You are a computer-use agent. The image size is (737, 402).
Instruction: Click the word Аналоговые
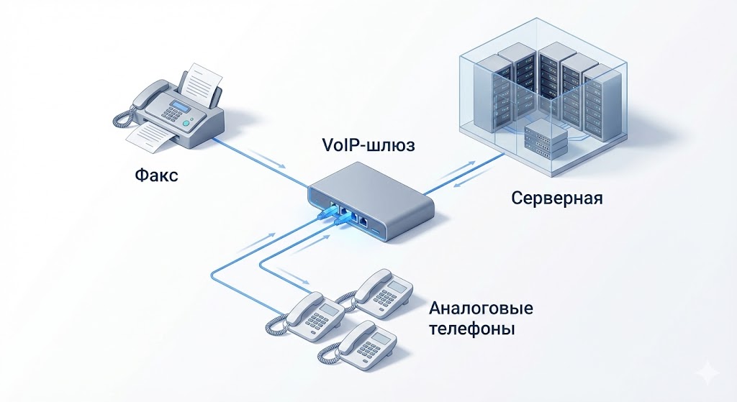click(x=481, y=309)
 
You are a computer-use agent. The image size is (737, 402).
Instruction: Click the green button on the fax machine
click(x=186, y=124)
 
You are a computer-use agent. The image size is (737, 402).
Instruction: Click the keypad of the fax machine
click(x=168, y=116)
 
